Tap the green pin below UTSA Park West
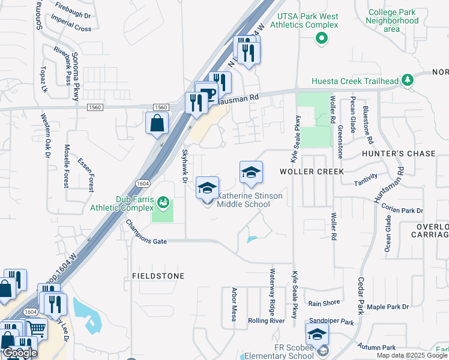(x=322, y=39)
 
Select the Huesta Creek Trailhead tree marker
(x=408, y=79)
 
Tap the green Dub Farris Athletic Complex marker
(x=163, y=201)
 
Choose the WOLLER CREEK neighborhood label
(x=312, y=172)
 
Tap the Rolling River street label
(x=266, y=321)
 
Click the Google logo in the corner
(x=19, y=353)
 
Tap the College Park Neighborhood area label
(x=393, y=20)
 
